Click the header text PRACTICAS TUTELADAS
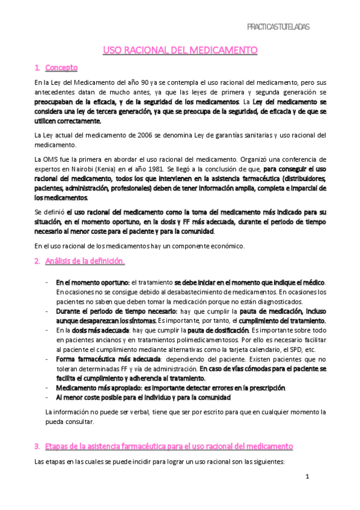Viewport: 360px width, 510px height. click(x=279, y=27)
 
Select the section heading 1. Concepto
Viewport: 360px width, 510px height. click(x=56, y=68)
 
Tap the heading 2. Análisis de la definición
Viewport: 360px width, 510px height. click(x=79, y=261)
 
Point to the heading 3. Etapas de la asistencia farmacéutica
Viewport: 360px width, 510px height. click(x=163, y=447)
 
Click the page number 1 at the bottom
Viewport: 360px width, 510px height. click(x=307, y=478)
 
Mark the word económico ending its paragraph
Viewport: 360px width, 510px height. click(x=224, y=245)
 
